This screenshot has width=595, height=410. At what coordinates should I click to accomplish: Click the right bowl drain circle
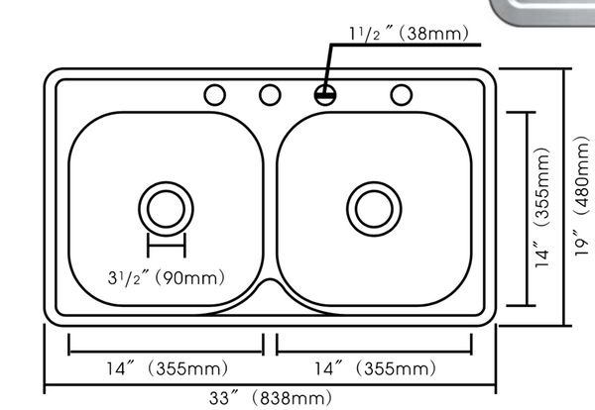click(x=372, y=207)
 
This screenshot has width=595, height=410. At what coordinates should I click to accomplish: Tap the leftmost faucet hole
click(x=214, y=95)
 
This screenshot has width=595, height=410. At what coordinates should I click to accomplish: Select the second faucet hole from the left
click(x=269, y=95)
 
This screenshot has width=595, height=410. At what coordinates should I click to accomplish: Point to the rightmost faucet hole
click(x=401, y=95)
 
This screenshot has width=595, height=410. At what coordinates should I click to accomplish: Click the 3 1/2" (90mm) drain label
click(x=167, y=278)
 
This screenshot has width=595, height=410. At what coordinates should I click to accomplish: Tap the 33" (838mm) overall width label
click(x=270, y=398)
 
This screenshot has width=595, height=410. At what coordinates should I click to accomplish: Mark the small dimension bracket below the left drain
click(x=166, y=245)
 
